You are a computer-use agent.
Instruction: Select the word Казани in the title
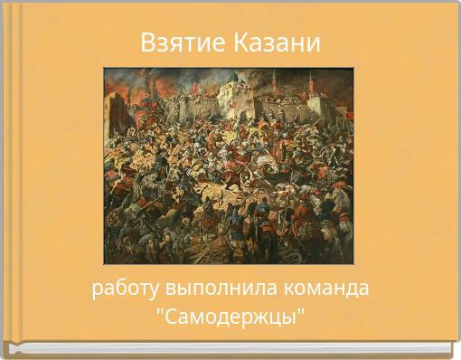point(277,43)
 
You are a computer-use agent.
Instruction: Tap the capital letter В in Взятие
point(148,43)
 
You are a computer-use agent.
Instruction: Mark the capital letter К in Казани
point(241,43)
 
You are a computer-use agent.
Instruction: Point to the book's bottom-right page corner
point(449,348)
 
